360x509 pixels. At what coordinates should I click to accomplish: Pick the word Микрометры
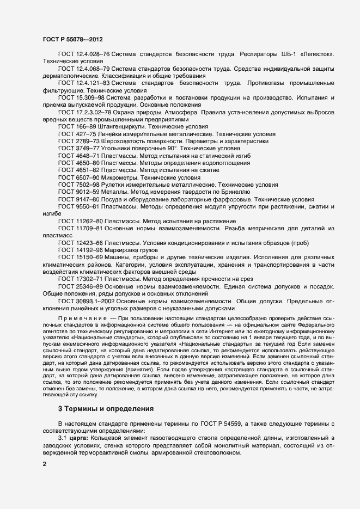tap(121, 178)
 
